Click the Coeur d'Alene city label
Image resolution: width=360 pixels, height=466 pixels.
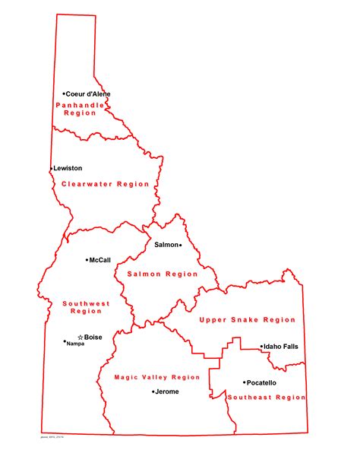[x=88, y=94]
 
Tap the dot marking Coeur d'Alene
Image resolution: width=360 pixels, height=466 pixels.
[x=64, y=94]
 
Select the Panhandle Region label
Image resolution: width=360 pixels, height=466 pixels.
[x=81, y=108]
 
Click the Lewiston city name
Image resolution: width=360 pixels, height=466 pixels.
[x=68, y=168]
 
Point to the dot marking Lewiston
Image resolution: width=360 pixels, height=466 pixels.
[x=52, y=169]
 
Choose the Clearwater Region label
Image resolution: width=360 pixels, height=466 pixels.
[x=105, y=184]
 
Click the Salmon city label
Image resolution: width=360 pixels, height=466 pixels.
[x=166, y=245]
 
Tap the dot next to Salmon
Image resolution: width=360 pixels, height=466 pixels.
[x=181, y=246]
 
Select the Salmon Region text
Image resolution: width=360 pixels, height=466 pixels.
[x=163, y=274]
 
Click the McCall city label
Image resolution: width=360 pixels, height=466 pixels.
[x=100, y=260]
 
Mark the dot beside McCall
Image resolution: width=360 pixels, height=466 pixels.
[x=87, y=260]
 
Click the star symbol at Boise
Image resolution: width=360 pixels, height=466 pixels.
[x=80, y=337]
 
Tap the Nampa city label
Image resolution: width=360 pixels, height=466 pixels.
[x=76, y=344]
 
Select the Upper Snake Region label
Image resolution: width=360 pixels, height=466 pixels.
[x=247, y=320]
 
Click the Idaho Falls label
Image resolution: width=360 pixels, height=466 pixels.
[x=282, y=347]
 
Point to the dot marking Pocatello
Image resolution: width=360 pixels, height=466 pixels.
[x=244, y=382]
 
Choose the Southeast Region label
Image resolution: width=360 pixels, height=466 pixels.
[x=266, y=397]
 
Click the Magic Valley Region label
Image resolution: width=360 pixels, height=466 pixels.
[x=156, y=377]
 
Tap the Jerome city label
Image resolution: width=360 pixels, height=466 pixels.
[x=167, y=392]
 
